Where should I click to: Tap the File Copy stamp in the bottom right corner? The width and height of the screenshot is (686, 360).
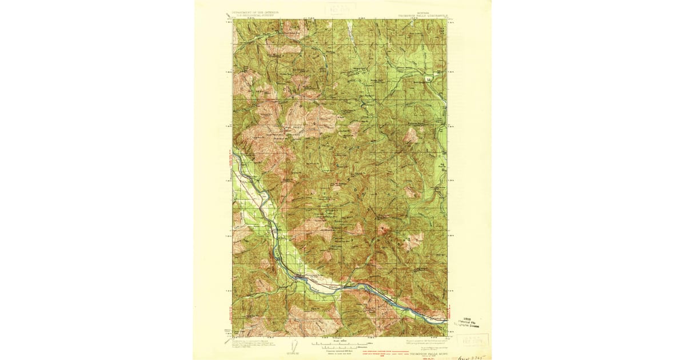[474, 341]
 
